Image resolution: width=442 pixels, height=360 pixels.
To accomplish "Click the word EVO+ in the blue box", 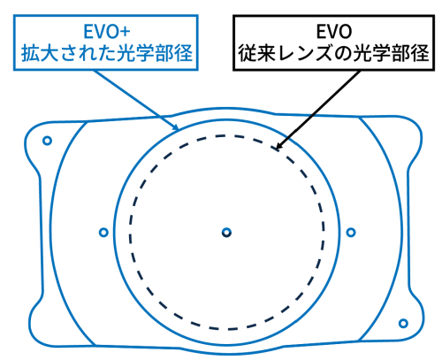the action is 107,32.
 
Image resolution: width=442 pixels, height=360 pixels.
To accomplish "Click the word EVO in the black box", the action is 334,32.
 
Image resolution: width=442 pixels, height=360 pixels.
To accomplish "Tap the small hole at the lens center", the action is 226,233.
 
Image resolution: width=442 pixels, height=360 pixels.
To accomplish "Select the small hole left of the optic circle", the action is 103,233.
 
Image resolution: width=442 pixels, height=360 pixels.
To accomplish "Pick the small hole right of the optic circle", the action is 351,233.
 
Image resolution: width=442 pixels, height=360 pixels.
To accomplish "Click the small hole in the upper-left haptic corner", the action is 47,141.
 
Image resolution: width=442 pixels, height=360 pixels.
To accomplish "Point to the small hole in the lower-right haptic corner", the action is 403,324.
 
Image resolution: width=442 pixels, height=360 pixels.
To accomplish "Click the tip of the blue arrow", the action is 179,130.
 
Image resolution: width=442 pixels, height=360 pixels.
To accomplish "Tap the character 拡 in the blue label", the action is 31,53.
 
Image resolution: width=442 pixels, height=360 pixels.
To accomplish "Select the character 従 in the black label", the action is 248,53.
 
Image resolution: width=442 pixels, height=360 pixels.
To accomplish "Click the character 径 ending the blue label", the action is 184,53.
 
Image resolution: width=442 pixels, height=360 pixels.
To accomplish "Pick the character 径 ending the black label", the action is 420,53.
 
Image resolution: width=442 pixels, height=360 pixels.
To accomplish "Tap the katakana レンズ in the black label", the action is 305,53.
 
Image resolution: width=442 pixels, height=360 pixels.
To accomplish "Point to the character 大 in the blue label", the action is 50,53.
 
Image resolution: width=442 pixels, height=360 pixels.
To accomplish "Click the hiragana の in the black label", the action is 343,54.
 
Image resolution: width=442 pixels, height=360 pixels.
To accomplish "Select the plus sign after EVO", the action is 126,32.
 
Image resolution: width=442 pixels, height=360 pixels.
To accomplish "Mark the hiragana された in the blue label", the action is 88,53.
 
